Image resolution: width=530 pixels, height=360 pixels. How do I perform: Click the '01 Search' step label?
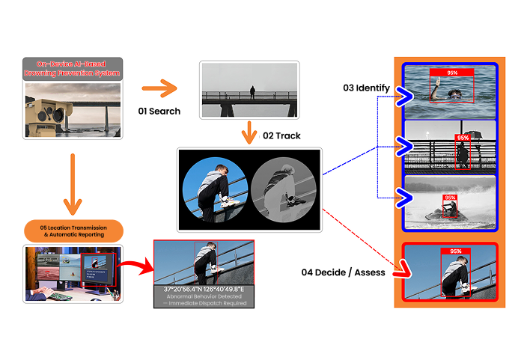(159, 112)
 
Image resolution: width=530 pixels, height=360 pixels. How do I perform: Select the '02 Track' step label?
(281, 137)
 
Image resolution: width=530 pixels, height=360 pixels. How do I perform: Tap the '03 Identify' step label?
(366, 88)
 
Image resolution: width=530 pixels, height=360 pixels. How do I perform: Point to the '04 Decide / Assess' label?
(343, 272)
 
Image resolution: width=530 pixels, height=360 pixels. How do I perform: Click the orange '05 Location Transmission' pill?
(73, 231)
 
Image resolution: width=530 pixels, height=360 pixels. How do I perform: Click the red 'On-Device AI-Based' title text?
(73, 64)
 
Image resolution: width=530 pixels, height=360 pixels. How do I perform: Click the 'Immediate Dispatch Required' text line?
(204, 303)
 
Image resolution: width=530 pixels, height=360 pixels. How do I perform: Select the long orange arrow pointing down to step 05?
(73, 184)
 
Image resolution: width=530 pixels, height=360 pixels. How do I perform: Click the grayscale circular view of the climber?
(278, 189)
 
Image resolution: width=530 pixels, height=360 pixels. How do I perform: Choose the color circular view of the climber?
(215, 189)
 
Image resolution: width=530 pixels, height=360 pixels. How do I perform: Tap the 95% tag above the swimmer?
(452, 73)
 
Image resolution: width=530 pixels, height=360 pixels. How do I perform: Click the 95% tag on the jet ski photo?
(449, 198)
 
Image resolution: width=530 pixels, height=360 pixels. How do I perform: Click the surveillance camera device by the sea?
(51, 109)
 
